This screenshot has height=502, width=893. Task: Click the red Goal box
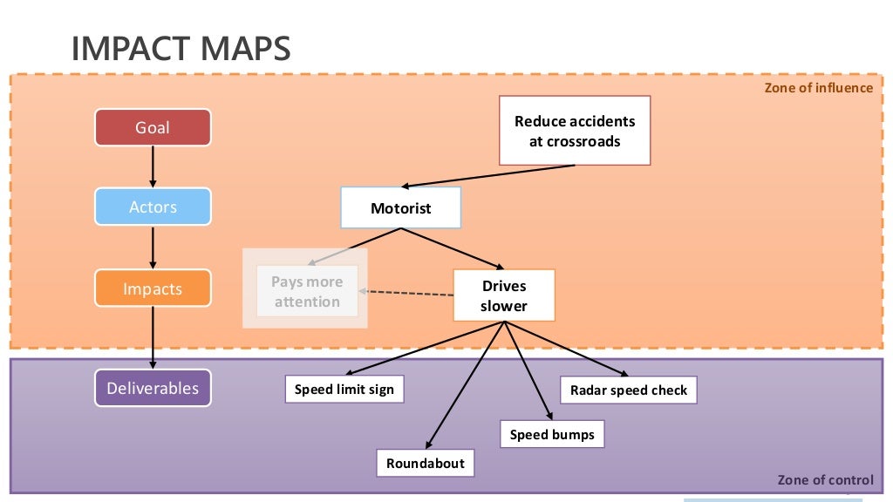153,128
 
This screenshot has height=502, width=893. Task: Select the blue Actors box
153,207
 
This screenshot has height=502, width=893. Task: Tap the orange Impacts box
153,289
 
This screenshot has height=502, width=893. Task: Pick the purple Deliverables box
153,389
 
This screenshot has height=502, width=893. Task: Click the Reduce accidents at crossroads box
575,131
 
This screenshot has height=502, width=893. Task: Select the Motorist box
400,208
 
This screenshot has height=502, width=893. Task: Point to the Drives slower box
504,295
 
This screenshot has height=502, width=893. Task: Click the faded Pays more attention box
307,292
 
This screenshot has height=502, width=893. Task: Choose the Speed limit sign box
344,390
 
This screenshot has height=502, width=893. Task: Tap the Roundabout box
426,463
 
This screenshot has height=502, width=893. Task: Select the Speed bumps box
552,434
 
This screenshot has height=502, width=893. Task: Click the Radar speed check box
629,390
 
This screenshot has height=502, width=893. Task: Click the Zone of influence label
818,87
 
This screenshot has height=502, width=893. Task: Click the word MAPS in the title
246,49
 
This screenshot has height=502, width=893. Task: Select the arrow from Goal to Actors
153,166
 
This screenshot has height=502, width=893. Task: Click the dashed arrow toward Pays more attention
406,294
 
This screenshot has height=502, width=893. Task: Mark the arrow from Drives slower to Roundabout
467,384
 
